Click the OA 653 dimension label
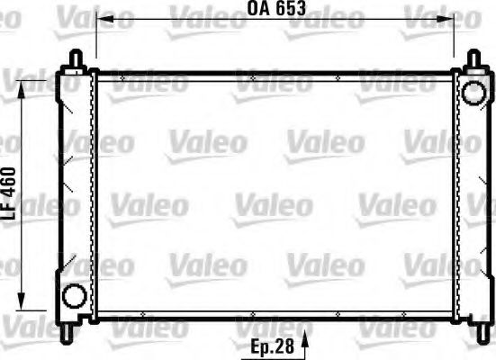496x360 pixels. pos(276,10)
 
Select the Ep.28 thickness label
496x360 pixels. pos(271,346)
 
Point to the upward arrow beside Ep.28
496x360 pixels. pos(307,343)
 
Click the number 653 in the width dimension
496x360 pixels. pos(290,10)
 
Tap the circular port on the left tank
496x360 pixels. pos(74,294)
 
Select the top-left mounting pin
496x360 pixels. pos(74,56)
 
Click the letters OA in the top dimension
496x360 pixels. pos(257,10)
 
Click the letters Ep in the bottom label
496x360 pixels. pos(260,346)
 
